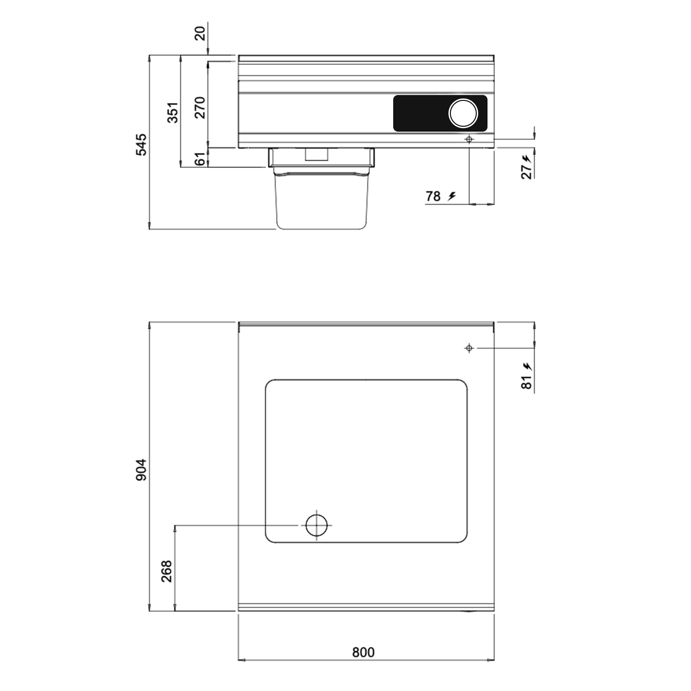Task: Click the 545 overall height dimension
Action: [142, 144]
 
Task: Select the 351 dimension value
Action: [173, 112]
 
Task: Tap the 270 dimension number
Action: [200, 108]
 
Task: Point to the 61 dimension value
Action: [201, 159]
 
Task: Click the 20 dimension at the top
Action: [201, 34]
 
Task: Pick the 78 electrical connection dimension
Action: [433, 196]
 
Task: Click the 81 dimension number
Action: [527, 382]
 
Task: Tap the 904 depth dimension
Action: [142, 470]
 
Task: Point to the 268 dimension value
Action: [167, 571]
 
